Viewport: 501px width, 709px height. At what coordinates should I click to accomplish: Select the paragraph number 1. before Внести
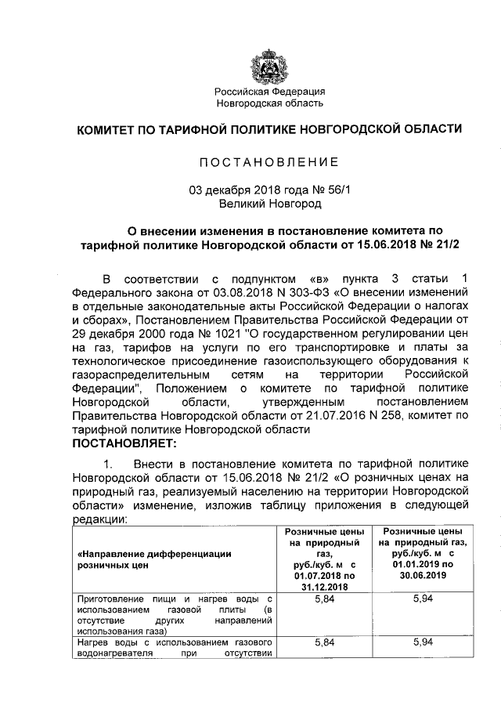(112, 464)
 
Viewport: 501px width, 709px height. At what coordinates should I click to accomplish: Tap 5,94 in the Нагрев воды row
(422, 642)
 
